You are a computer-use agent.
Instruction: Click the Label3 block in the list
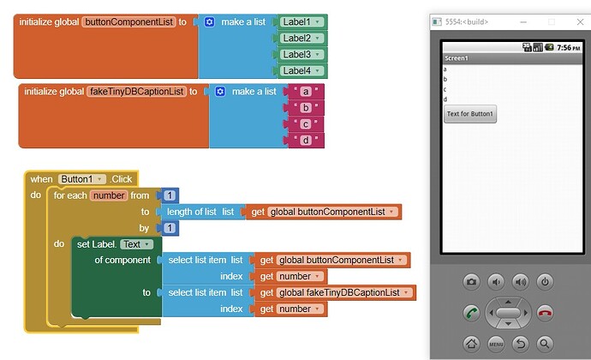pos(301,54)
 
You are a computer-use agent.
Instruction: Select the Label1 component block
pos(301,22)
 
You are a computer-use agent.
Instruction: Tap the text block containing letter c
pos(305,124)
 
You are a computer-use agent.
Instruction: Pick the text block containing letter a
pos(305,92)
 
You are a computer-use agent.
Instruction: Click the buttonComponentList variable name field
pos(129,22)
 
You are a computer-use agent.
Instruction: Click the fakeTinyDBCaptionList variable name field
pos(137,92)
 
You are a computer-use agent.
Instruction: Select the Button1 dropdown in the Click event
pos(81,179)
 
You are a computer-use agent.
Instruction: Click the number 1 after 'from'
pos(170,195)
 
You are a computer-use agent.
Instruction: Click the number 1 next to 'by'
pos(170,228)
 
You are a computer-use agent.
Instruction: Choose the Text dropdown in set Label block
pos(136,244)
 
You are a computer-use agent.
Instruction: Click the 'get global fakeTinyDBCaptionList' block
pos(335,293)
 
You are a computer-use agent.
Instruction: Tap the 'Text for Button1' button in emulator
pos(470,114)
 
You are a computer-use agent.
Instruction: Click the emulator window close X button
pos(580,22)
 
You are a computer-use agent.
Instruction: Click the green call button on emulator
pos(472,313)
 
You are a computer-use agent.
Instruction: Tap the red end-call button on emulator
pos(545,313)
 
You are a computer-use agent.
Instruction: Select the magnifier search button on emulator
pos(545,344)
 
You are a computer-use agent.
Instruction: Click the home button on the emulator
pos(472,344)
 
